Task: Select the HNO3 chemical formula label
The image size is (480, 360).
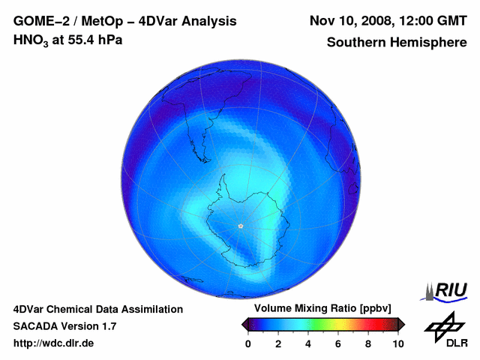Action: click(32, 40)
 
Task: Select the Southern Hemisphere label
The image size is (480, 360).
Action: click(397, 42)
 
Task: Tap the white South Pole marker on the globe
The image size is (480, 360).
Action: click(240, 226)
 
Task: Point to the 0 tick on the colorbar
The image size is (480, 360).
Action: click(248, 343)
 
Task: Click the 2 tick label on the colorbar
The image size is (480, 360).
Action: click(278, 343)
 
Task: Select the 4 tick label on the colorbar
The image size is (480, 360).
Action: click(308, 343)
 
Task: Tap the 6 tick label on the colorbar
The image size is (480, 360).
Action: click(338, 343)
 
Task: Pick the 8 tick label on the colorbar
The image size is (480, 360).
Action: click(368, 343)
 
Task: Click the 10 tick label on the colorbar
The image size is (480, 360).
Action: click(397, 343)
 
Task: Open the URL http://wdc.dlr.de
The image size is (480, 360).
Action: click(54, 343)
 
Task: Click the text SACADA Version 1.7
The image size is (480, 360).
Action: click(64, 326)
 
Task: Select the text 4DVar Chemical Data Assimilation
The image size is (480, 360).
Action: click(97, 309)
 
